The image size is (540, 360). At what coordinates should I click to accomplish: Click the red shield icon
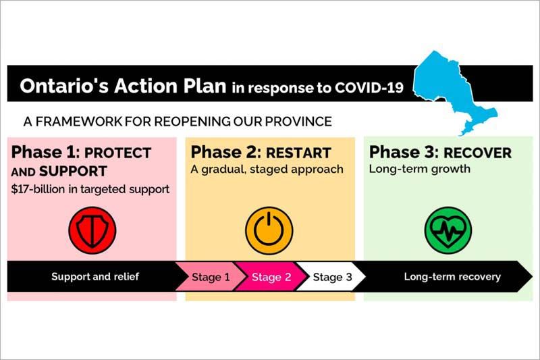point(92,230)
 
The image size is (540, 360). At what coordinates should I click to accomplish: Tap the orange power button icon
point(269,230)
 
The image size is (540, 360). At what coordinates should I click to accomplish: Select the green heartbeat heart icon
point(448,230)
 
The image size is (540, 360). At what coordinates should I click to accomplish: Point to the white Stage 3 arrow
point(331,277)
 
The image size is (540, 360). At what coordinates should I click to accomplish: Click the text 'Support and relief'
point(95,277)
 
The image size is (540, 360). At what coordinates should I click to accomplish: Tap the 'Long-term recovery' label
point(452,277)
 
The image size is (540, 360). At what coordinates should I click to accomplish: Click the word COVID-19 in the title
point(369,88)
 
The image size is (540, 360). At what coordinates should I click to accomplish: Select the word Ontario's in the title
point(64,86)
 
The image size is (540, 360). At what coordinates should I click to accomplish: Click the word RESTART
point(298,153)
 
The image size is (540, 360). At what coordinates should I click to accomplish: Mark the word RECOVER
point(478,153)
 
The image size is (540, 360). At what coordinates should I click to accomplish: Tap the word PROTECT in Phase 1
point(117,153)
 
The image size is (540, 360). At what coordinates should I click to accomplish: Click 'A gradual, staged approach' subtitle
point(267,170)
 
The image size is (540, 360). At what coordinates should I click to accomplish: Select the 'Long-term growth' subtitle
point(419,169)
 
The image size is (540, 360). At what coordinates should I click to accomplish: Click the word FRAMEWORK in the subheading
point(78,122)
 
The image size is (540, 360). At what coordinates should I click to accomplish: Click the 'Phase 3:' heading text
point(404,152)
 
